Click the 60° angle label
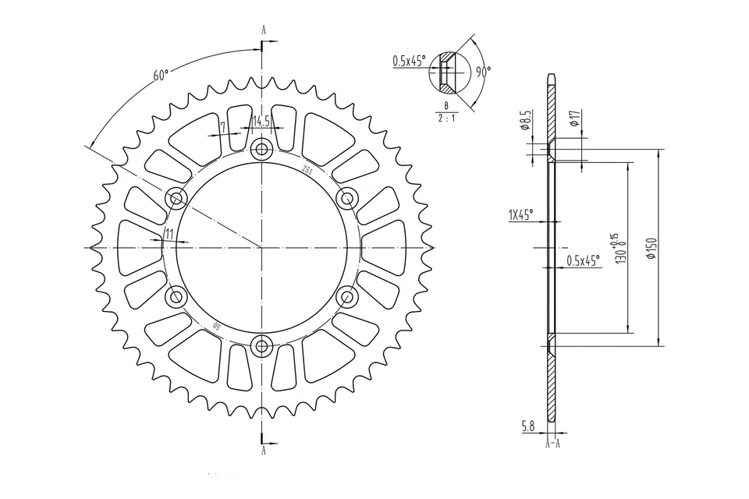pyautogui.click(x=161, y=76)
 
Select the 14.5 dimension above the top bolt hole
pyautogui.click(x=261, y=121)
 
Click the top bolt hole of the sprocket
pyautogui.click(x=261, y=150)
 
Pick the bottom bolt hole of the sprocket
pyautogui.click(x=261, y=345)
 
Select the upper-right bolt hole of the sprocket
pyautogui.click(x=347, y=198)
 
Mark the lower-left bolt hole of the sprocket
pyautogui.click(x=176, y=296)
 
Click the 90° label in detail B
pyautogui.click(x=483, y=71)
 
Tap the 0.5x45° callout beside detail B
pyautogui.click(x=409, y=61)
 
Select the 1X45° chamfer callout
pyautogui.click(x=520, y=216)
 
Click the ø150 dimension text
pyautogui.click(x=651, y=249)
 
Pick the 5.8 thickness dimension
pyautogui.click(x=528, y=426)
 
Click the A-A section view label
pyautogui.click(x=552, y=443)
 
